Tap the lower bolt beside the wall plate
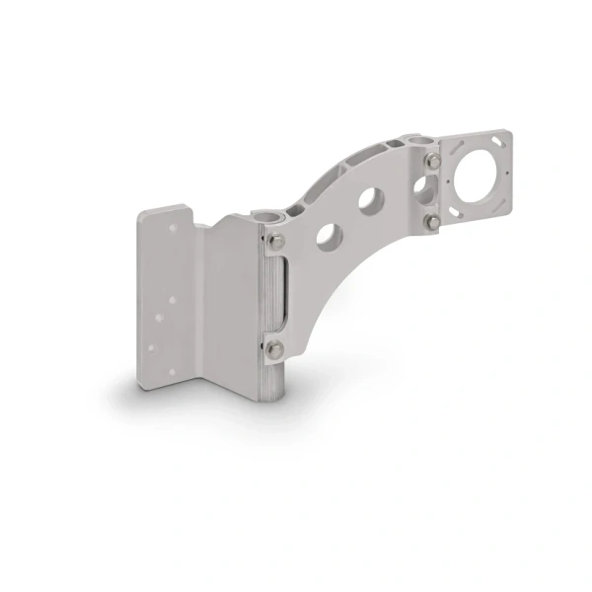(x=275, y=346)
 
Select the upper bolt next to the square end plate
(x=431, y=159)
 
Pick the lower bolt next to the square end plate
(x=431, y=224)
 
